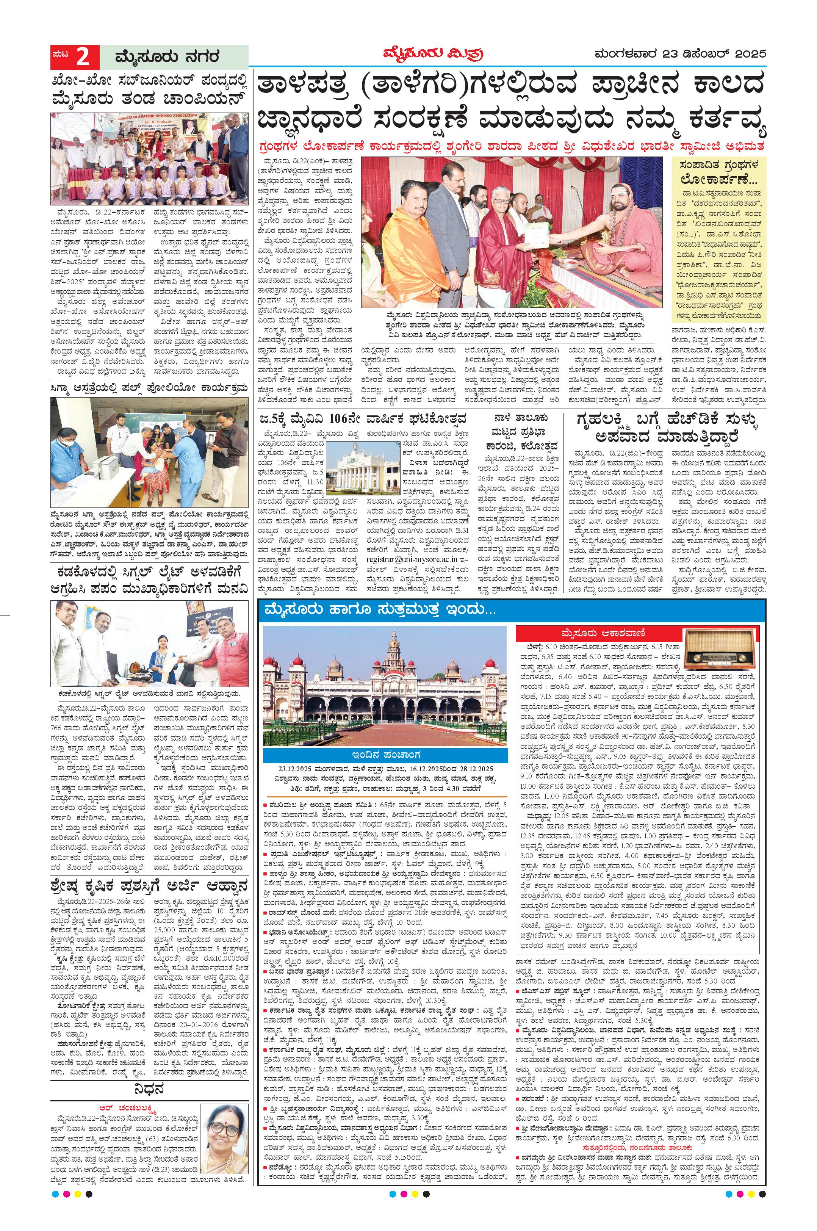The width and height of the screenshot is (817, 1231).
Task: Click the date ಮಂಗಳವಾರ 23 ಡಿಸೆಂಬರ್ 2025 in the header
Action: point(680,54)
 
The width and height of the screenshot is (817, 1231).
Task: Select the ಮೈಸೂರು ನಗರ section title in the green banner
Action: point(167,57)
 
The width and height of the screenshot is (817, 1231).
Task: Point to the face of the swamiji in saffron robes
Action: point(621,197)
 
